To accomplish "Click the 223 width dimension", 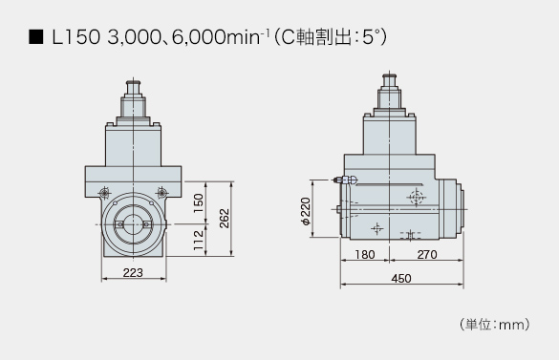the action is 133,273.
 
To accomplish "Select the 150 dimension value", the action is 199,203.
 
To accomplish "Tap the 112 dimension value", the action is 199,240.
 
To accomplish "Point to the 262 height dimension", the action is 225,218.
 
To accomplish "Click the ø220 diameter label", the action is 306,211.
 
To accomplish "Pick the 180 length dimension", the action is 365,255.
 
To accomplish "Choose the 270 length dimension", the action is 427,255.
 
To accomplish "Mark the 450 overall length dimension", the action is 401,279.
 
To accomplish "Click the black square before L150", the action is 35,37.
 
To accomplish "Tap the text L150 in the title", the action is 75,37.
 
